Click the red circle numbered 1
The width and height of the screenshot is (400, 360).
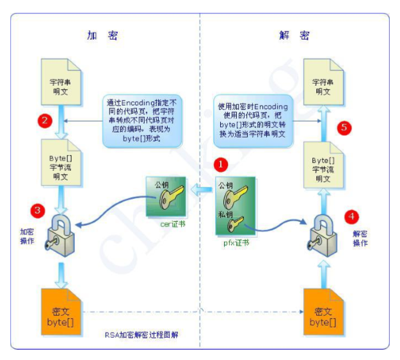[221, 164]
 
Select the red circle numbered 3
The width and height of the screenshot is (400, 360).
[38, 209]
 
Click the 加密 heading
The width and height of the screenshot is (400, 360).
[102, 36]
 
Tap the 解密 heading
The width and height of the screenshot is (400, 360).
[294, 36]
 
